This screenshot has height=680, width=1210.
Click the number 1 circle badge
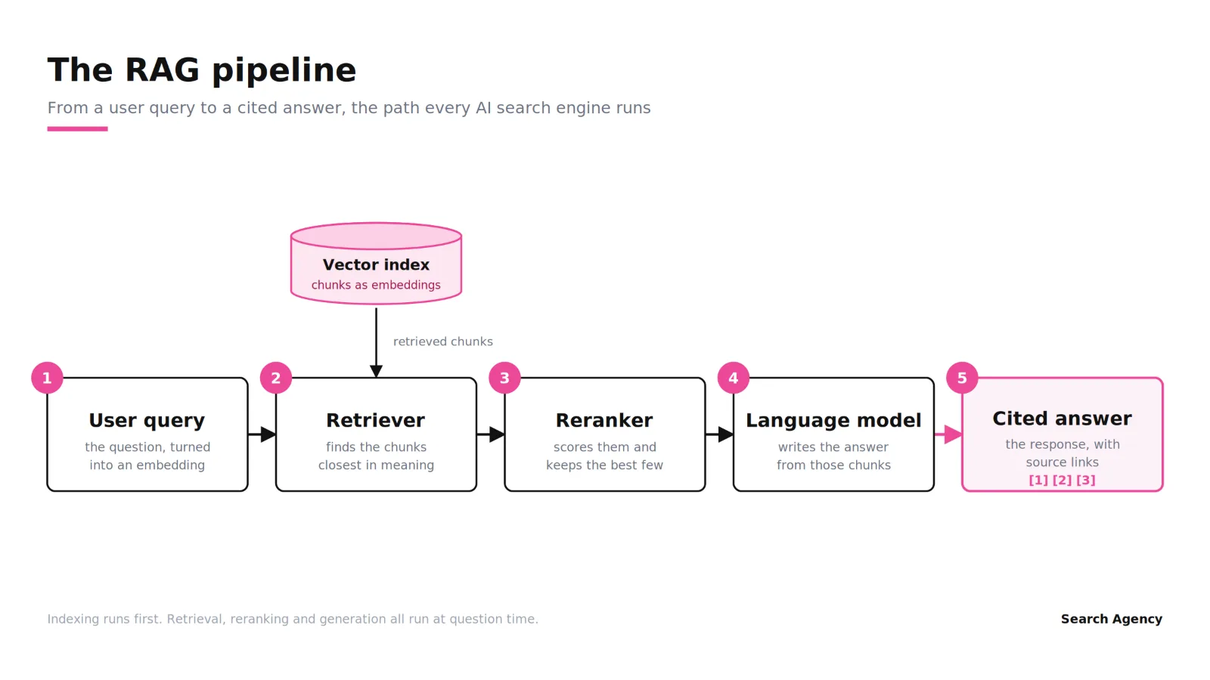[47, 378]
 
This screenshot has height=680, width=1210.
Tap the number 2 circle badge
[275, 378]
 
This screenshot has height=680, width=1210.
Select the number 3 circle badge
[504, 378]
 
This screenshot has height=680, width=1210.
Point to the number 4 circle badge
[733, 378]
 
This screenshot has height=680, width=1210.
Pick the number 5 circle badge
[961, 378]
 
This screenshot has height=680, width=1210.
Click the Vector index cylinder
[376, 264]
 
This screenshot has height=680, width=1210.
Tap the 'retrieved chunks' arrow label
[443, 342]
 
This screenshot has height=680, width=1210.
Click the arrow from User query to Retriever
[262, 434]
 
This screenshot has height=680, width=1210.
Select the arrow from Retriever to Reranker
[491, 434]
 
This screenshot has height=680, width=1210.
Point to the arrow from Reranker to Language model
[719, 434]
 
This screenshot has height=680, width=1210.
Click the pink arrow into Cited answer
[948, 434]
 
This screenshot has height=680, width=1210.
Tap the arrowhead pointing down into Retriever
[376, 371]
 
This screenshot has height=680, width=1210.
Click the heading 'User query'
[147, 420]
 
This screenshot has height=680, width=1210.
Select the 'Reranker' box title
[604, 420]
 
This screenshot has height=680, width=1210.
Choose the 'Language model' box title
[833, 420]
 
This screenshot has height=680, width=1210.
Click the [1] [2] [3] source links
[1062, 480]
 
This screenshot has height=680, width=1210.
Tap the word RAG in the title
[162, 70]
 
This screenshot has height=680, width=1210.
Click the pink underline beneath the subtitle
[77, 129]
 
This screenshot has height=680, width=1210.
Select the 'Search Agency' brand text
[1111, 619]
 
